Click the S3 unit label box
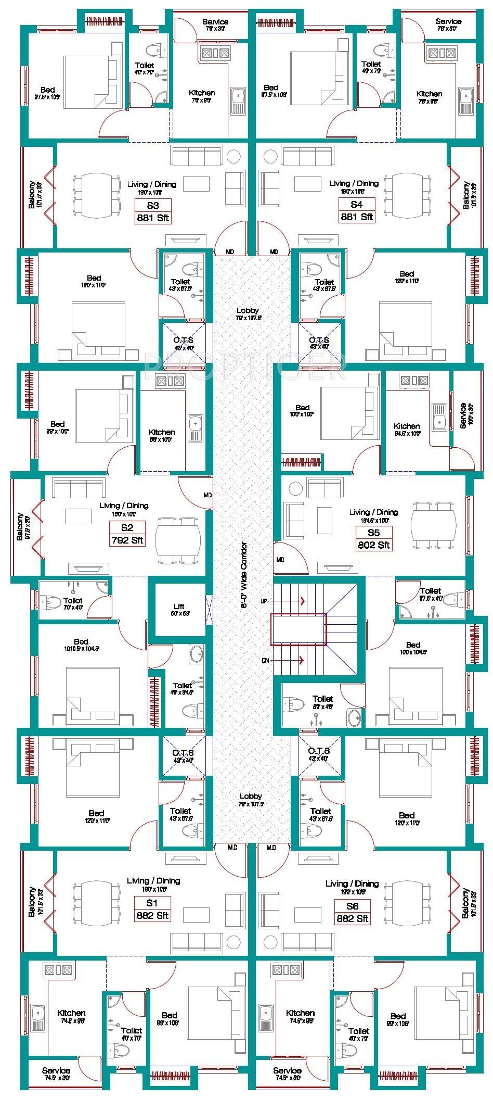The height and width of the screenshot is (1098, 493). pos(152,205)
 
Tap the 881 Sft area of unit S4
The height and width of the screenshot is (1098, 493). pos(356,217)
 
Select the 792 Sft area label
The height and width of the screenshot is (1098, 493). pos(127,540)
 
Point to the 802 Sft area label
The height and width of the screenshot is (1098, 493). pos(373,545)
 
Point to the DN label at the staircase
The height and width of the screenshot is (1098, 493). pos(266,660)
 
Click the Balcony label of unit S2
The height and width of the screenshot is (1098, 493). pos(20,527)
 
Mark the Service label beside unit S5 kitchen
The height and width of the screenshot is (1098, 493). pos(463,415)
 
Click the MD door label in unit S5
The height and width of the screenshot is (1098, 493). pos(280,560)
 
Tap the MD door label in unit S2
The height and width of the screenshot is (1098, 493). pos(207,495)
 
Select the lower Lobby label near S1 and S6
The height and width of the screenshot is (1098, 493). pos(251,796)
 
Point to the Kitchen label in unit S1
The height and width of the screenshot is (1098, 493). pos(71,1013)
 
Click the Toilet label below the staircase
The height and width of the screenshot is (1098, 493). pos(322,699)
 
